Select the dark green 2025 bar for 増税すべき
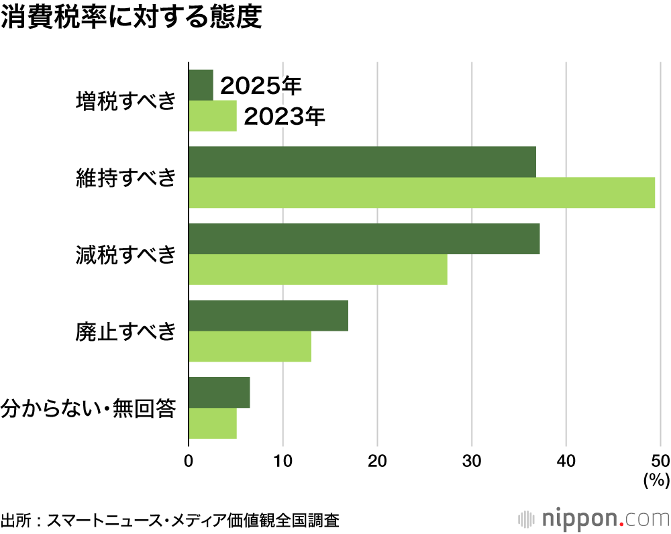tap(201, 85)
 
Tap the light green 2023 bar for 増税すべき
tap(213, 116)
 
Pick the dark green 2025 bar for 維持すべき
tap(362, 162)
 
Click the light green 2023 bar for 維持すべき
tap(421, 193)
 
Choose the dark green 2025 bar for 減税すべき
tap(364, 239)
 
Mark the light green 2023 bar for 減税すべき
tap(318, 270)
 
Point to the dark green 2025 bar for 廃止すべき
tap(268, 315)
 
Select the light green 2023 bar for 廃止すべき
tap(250, 346)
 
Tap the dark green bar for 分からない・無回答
tap(219, 392)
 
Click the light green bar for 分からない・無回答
tap(213, 423)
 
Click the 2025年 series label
tap(262, 86)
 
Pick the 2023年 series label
tap(285, 117)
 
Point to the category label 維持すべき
tap(126, 178)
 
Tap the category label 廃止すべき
tap(126, 331)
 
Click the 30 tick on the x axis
tap(472, 462)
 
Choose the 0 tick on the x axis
tap(189, 462)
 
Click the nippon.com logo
tap(595, 519)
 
